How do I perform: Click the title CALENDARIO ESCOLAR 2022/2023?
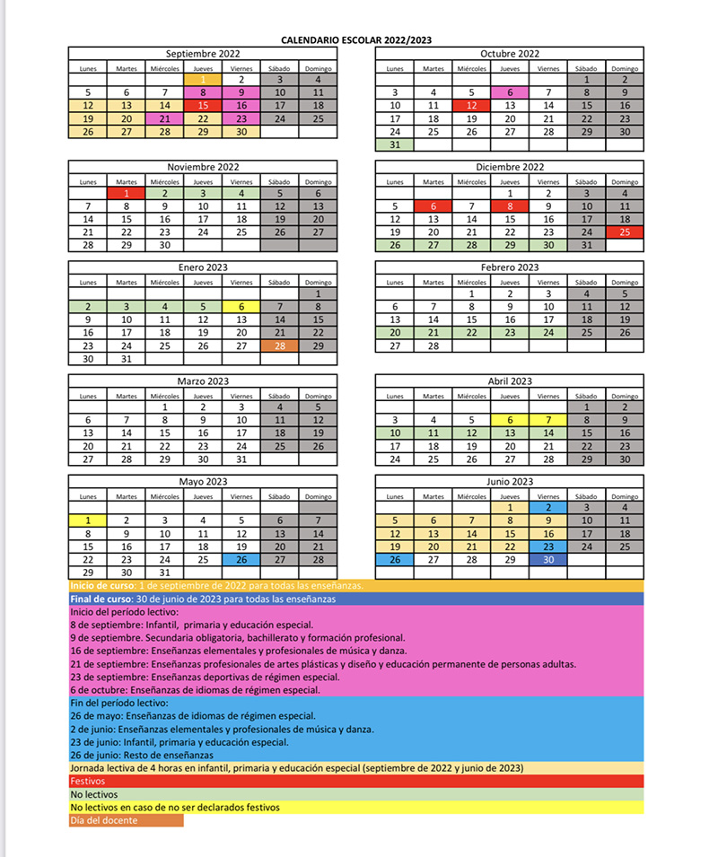(x=356, y=40)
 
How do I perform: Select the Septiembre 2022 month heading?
(x=203, y=54)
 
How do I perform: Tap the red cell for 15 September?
(x=203, y=105)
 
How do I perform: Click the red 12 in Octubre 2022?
(x=471, y=105)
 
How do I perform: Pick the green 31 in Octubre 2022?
(x=395, y=144)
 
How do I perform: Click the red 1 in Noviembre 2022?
(x=127, y=193)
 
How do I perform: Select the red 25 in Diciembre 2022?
(x=625, y=232)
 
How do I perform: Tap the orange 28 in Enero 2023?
(x=280, y=345)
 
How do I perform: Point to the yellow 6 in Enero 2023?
(x=241, y=306)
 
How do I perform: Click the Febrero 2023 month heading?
(x=510, y=267)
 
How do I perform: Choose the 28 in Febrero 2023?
(x=433, y=345)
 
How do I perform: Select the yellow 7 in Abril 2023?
(x=548, y=419)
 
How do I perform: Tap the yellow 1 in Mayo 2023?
(x=88, y=520)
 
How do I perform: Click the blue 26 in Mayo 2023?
(x=241, y=559)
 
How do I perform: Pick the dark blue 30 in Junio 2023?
(x=548, y=559)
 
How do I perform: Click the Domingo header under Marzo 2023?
(x=318, y=396)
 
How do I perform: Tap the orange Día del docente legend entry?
(x=126, y=819)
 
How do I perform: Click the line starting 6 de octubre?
(x=195, y=690)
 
